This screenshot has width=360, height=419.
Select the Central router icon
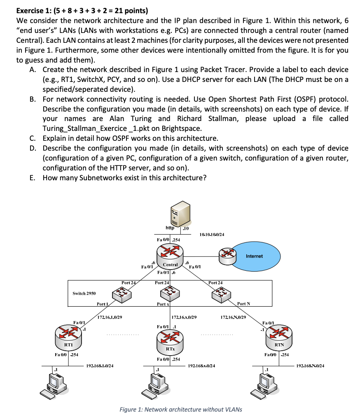(x=170, y=253)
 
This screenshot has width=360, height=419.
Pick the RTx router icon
(x=170, y=339)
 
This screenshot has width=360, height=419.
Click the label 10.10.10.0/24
(x=212, y=234)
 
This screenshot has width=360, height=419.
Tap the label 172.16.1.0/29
(x=109, y=317)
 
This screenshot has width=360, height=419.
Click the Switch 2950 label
(x=84, y=293)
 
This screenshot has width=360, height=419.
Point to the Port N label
(x=243, y=304)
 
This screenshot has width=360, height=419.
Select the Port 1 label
(x=102, y=304)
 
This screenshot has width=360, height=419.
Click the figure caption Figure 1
(x=180, y=409)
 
